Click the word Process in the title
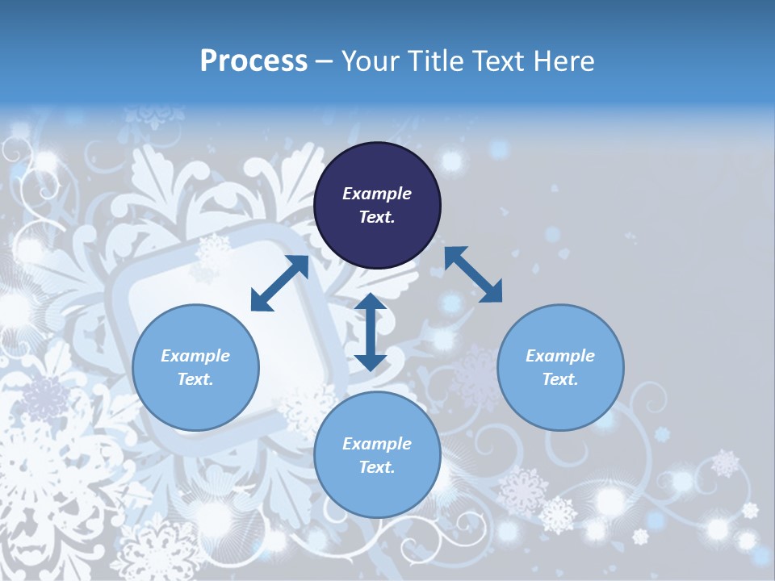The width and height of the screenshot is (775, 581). [253, 61]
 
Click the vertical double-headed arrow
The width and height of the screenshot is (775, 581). [371, 332]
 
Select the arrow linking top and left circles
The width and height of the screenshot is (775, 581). [279, 283]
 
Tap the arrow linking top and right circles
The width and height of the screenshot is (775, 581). [473, 274]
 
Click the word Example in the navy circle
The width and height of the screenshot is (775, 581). [377, 194]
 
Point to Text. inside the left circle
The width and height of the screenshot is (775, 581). [195, 379]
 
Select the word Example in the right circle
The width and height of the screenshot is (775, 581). [560, 356]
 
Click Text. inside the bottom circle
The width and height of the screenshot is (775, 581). [377, 467]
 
